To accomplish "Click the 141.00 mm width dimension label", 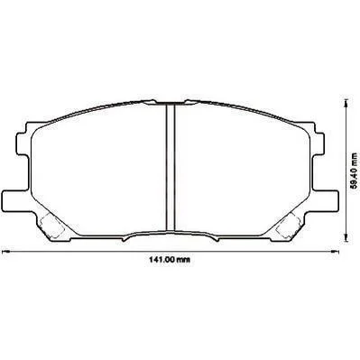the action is (170, 259).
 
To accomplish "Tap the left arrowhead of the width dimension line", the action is (5, 251).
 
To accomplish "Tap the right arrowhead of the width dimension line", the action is (335, 251).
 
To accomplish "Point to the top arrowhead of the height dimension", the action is (346, 105).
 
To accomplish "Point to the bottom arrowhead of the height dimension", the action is (346, 236).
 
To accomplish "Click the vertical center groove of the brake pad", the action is (171, 168).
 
